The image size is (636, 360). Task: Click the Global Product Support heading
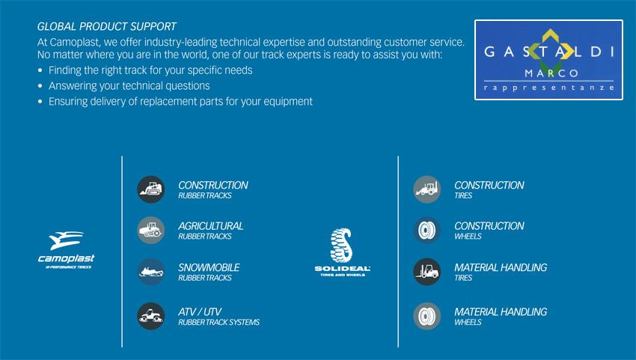[x=107, y=27]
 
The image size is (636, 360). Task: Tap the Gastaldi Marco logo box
[x=548, y=60]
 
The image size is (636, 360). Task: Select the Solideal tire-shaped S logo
[x=341, y=245]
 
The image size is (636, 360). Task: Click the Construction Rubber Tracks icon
[x=151, y=189]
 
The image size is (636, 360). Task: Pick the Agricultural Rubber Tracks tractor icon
[x=151, y=231]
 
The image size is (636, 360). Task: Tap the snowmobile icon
[x=151, y=272]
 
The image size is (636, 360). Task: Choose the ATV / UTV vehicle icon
[x=151, y=316]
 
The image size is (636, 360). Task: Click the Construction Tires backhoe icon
[x=427, y=189]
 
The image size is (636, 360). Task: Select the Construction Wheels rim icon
[x=427, y=231]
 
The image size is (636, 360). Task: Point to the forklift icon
[x=427, y=272]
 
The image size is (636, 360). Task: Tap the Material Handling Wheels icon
[x=427, y=316]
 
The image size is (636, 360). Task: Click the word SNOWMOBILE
[x=209, y=267]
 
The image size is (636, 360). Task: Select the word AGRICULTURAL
[x=211, y=226]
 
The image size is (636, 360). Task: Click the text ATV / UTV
[x=200, y=311]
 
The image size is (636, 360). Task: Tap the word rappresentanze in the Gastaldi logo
[x=548, y=88]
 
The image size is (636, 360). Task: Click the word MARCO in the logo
[x=551, y=73]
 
